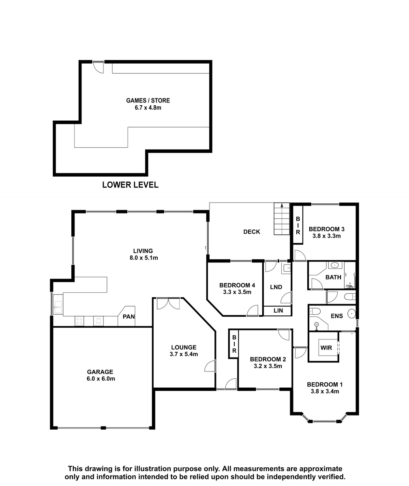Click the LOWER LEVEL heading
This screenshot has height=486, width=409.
pos(130,185)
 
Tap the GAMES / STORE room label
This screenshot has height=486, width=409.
pos(148,100)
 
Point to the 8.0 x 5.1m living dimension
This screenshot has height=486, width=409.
pos(144,258)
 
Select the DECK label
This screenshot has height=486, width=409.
pos(252,232)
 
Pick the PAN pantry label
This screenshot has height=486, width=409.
pos(128,317)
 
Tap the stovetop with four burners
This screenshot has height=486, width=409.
pos(79,321)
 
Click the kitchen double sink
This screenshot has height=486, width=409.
pos(58,305)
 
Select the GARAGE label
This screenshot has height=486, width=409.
pos(100,372)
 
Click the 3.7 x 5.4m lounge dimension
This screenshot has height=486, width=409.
pos(184,354)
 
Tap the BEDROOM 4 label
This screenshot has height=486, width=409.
pos(237,285)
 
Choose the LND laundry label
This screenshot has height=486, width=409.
pos(276,287)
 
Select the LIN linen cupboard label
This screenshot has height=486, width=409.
pos(278,311)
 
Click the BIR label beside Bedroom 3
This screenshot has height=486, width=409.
pos(298,226)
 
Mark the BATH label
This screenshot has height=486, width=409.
pos(333,277)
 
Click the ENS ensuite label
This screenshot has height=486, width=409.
pos(337,316)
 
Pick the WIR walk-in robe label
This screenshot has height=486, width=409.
pos(326,348)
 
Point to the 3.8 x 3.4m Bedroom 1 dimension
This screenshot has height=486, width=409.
pos(325,392)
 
